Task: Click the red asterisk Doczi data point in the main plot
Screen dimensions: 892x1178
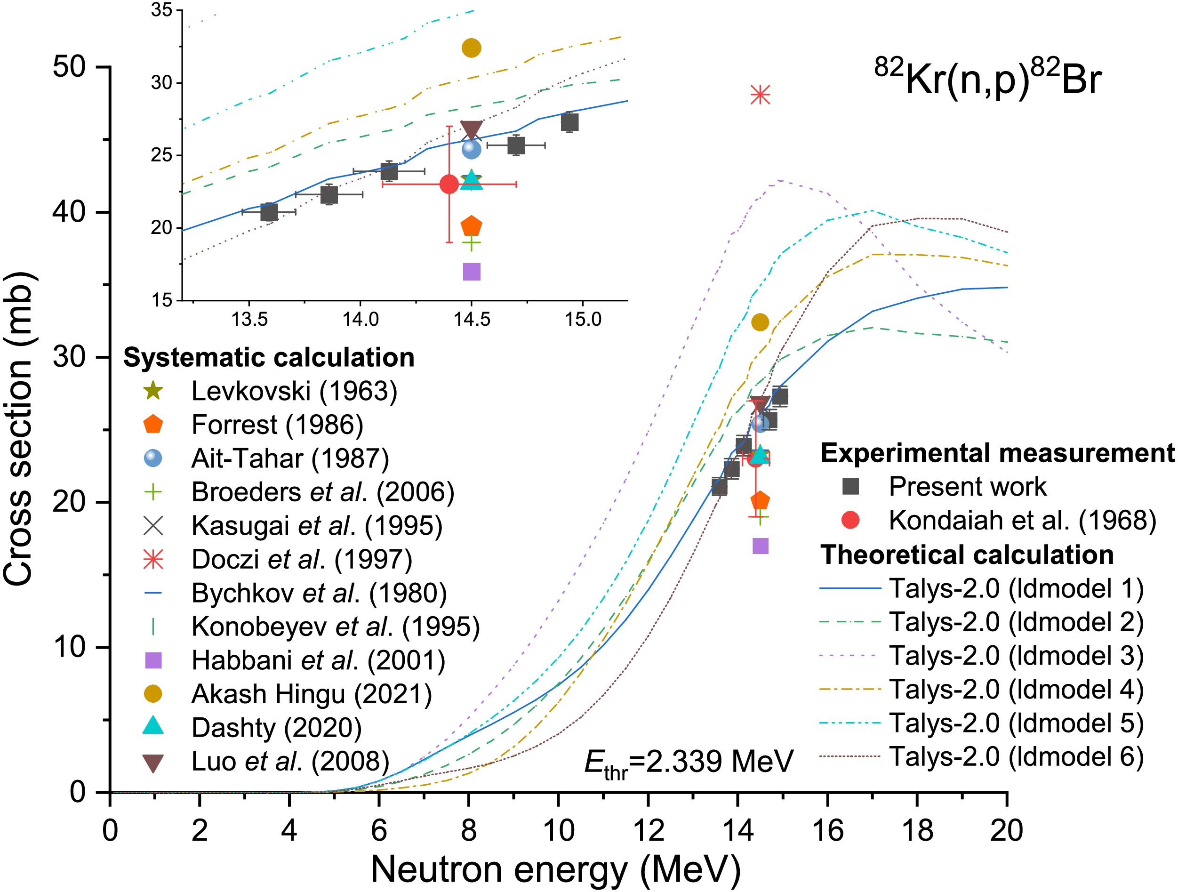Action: click(x=760, y=96)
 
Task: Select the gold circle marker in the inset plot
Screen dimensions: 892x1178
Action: click(x=471, y=48)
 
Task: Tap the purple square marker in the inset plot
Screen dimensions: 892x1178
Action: click(x=471, y=272)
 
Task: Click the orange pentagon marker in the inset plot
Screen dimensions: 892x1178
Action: click(x=471, y=226)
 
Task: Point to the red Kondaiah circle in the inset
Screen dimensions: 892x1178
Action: click(x=449, y=184)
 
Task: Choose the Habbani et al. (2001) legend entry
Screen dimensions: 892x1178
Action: click(x=318, y=660)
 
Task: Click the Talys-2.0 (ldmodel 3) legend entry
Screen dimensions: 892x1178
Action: click(x=1016, y=656)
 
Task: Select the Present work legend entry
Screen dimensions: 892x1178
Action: click(x=967, y=486)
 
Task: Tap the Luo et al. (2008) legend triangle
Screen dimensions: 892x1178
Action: click(x=153, y=763)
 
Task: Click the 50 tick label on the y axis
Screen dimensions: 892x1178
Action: click(x=69, y=67)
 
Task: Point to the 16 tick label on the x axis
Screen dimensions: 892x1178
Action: click(x=827, y=830)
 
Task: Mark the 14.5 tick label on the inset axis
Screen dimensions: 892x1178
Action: click(x=471, y=320)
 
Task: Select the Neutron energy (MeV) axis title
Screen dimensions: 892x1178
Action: click(x=555, y=869)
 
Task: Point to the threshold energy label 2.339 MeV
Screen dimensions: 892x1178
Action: click(x=689, y=762)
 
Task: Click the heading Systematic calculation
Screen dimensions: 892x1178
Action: click(x=269, y=357)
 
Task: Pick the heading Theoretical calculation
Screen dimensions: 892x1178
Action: click(x=967, y=554)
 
